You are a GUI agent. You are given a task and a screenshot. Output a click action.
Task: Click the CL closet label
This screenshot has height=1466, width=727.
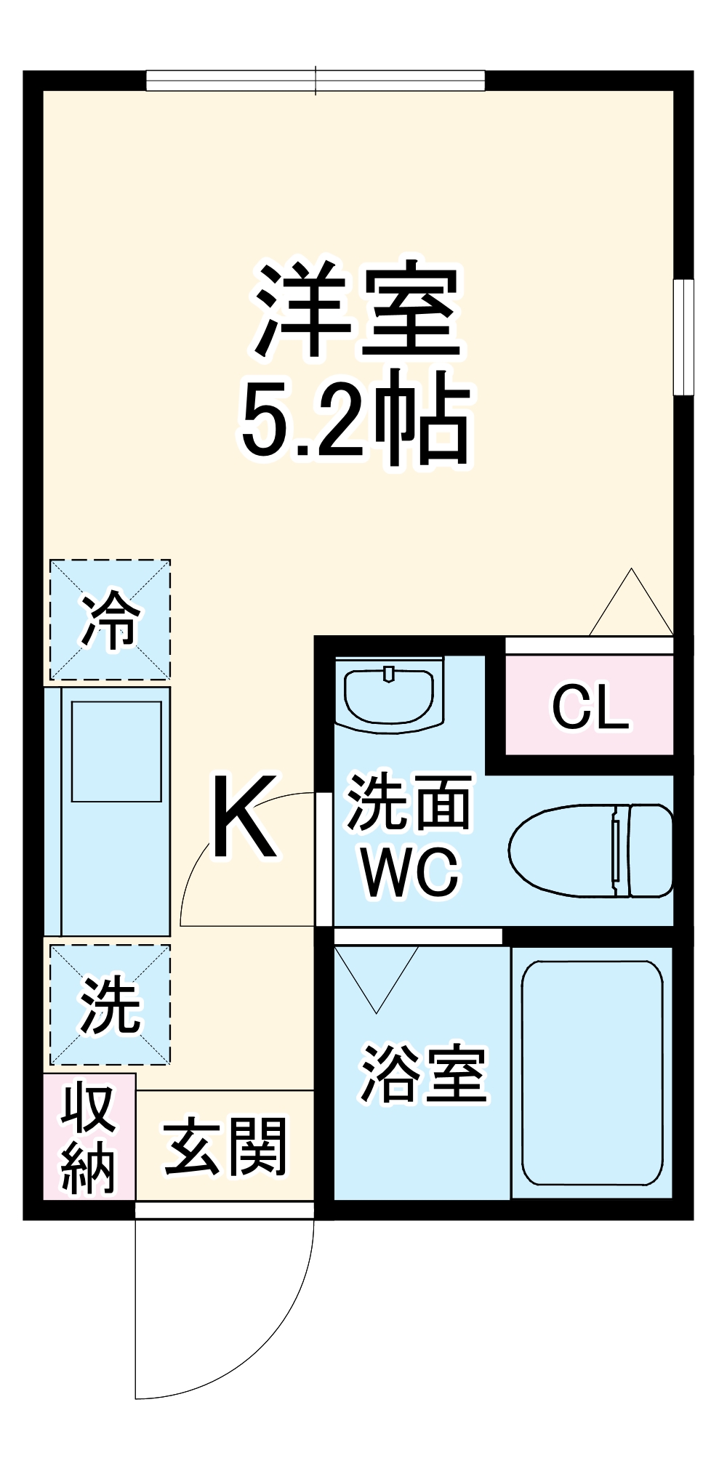590,706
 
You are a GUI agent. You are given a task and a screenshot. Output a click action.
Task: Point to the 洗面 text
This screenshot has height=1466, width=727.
409,802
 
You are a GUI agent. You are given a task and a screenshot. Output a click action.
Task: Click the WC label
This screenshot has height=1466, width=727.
411,872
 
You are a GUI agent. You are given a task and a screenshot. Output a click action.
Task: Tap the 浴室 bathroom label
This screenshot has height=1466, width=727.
423,1074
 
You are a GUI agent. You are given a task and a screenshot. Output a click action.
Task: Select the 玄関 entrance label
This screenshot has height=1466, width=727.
225,1146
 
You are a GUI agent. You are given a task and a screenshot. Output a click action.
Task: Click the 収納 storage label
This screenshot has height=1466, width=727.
89,1137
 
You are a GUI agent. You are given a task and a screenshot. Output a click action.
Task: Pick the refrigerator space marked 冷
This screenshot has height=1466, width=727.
110,620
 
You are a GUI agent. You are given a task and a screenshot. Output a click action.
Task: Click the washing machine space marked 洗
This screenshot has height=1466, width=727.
110,1005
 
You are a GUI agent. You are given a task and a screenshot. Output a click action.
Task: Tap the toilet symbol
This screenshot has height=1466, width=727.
590,850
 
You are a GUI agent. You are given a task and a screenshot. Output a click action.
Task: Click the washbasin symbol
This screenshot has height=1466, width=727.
390,694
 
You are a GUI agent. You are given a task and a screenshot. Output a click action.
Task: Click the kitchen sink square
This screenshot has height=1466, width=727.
116,751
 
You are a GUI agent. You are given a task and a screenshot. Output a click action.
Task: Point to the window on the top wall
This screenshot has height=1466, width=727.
316,81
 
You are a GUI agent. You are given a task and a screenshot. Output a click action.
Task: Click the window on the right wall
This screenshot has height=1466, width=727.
683,337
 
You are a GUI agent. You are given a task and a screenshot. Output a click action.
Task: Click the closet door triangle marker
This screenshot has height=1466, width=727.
631,605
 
